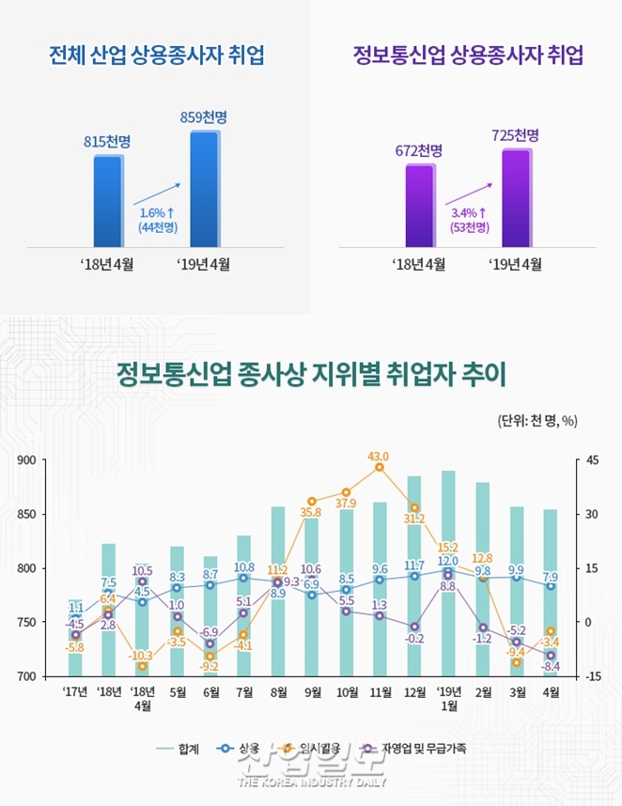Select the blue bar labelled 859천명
click(204, 188)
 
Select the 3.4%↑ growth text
click(469, 213)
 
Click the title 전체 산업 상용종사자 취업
click(156, 54)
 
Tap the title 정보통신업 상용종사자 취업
click(468, 54)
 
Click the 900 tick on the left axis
click(25, 460)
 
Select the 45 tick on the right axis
click(592, 460)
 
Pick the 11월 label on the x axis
click(380, 694)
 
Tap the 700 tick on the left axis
click(25, 676)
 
